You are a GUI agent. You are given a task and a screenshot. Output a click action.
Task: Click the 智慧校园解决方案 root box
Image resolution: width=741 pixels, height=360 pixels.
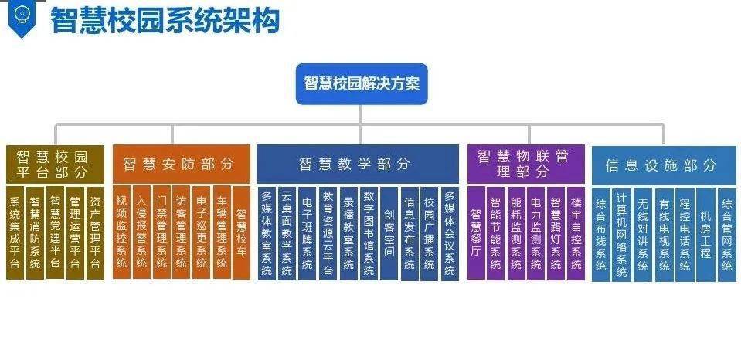pyautogui.click(x=362, y=84)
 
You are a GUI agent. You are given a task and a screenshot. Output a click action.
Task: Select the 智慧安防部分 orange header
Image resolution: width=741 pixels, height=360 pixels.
pyautogui.click(x=182, y=164)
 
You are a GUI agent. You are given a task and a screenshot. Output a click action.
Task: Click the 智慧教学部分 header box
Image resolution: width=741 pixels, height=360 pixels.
pyautogui.click(x=357, y=164)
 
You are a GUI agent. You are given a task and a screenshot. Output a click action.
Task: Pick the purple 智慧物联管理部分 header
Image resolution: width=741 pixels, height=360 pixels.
pyautogui.click(x=526, y=164)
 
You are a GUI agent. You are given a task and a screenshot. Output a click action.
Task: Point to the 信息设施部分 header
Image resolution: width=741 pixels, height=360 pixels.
pyautogui.click(x=664, y=165)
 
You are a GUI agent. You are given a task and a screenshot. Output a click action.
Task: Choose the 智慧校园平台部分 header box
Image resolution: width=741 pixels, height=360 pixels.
pyautogui.click(x=56, y=164)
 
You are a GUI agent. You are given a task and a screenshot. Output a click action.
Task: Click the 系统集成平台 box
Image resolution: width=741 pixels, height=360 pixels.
pyautogui.click(x=15, y=233)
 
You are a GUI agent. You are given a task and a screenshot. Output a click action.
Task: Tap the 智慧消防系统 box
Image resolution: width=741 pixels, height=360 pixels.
pyautogui.click(x=35, y=233)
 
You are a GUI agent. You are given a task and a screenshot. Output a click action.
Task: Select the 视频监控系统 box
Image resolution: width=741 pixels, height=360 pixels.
pyautogui.click(x=122, y=233)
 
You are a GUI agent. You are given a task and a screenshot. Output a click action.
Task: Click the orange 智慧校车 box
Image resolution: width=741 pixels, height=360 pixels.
pyautogui.click(x=242, y=233)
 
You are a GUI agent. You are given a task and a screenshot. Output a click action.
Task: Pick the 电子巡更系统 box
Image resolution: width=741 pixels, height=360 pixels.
pyautogui.click(x=202, y=233)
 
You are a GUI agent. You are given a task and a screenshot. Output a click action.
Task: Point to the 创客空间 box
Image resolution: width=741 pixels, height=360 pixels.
pyautogui.click(x=389, y=233)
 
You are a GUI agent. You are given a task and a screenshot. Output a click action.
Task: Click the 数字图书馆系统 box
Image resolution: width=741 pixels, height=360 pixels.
pyautogui.click(x=369, y=233)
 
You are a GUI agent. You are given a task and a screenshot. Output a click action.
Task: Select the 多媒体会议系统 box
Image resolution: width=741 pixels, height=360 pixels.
pyautogui.click(x=450, y=233)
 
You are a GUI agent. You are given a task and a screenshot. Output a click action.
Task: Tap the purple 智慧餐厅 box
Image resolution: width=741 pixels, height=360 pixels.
pyautogui.click(x=476, y=233)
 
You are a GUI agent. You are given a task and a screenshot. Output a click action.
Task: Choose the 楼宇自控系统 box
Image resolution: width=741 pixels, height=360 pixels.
pyautogui.click(x=576, y=233)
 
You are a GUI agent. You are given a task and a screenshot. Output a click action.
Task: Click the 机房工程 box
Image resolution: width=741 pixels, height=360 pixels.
pyautogui.click(x=705, y=235)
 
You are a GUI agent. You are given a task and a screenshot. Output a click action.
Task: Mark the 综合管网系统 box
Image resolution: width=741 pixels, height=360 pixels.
pyautogui.click(x=727, y=235)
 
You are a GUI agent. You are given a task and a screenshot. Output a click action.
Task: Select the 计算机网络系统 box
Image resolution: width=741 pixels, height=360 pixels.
pyautogui.click(x=622, y=235)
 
